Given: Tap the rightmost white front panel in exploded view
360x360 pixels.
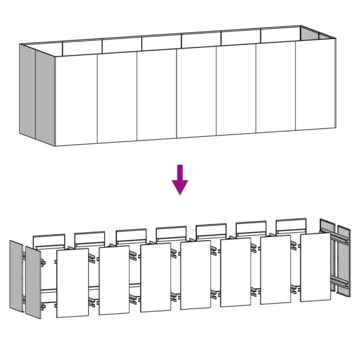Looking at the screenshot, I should (x=315, y=267).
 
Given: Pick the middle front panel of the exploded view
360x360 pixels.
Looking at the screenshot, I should (x=195, y=275).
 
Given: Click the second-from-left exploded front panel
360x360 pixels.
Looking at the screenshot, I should (x=114, y=280).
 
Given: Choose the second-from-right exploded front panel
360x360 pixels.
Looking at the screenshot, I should (x=275, y=270).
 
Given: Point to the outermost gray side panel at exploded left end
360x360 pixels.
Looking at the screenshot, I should (x=16, y=277).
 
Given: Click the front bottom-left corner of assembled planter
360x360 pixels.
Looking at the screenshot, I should (x=55, y=145).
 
